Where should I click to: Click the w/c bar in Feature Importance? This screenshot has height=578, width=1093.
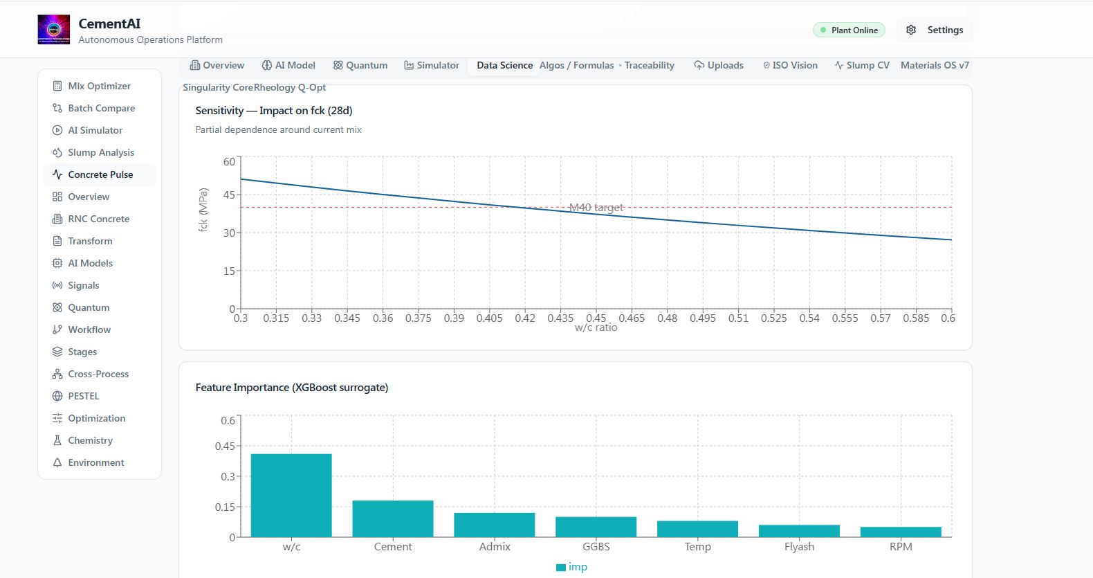(291, 496)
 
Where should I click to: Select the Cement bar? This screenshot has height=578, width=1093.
(393, 519)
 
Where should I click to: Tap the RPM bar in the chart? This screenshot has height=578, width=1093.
(901, 532)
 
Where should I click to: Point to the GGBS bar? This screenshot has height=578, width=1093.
(596, 527)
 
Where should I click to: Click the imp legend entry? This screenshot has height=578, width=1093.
(571, 567)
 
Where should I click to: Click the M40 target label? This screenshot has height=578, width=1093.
(596, 208)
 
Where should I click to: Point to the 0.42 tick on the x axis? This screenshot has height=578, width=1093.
(525, 318)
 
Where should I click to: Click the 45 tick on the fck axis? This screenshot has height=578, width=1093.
(230, 195)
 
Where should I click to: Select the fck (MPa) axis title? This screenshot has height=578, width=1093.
(203, 210)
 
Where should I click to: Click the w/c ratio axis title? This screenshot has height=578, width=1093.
(596, 327)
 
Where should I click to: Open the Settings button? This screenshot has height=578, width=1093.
(935, 30)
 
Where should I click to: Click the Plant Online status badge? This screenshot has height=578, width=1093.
(849, 30)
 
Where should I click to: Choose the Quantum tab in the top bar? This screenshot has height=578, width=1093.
(360, 66)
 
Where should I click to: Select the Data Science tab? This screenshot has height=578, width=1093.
(504, 66)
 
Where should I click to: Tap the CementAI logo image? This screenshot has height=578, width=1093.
(54, 29)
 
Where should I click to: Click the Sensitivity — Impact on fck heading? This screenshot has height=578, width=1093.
(274, 110)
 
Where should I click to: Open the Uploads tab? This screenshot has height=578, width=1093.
(719, 66)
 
